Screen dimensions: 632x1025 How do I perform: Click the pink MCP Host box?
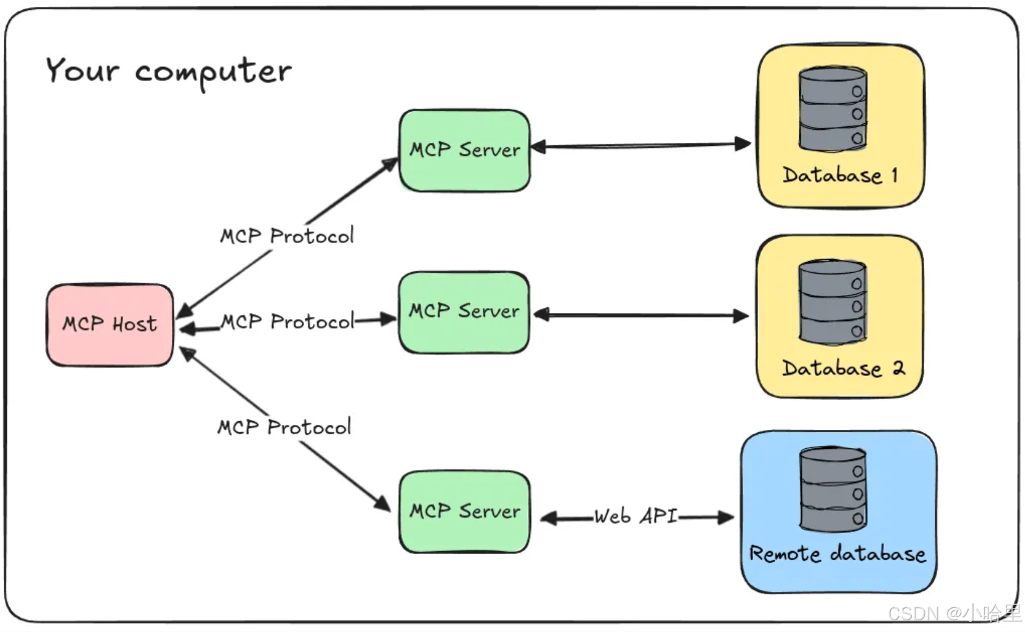(110, 325)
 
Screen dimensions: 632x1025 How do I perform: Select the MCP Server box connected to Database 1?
(464, 150)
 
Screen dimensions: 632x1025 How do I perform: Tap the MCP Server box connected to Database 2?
(464, 312)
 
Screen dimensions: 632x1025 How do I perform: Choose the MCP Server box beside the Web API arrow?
(464, 511)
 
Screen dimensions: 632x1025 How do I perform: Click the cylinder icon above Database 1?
(832, 109)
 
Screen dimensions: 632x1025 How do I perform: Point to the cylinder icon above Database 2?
(832, 302)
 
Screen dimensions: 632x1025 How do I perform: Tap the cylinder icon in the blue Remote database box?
(833, 489)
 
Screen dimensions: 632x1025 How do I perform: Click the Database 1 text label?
(840, 176)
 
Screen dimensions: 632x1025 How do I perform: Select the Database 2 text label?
(843, 369)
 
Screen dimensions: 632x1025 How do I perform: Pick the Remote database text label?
(837, 553)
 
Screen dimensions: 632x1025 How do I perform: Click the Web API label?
(636, 516)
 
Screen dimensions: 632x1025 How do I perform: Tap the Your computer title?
(168, 71)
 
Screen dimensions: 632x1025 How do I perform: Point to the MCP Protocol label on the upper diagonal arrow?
(287, 236)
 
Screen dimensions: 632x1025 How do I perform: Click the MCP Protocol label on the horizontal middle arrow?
(287, 322)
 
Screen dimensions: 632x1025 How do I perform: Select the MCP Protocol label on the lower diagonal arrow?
(284, 427)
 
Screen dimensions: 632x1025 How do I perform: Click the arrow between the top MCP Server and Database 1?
(640, 146)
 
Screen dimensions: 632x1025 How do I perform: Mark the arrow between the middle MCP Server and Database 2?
(640, 315)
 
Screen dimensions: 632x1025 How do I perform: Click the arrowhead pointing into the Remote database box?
(726, 517)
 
